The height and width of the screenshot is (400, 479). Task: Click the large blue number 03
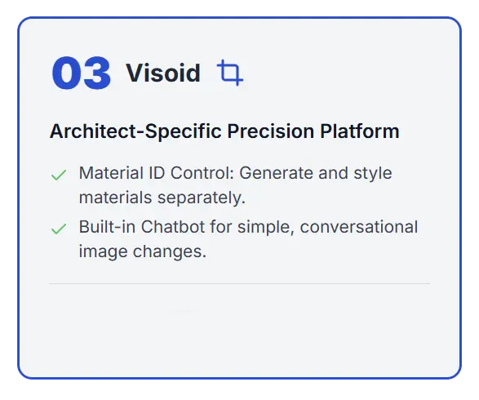click(x=81, y=73)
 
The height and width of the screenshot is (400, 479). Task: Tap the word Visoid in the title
click(x=162, y=73)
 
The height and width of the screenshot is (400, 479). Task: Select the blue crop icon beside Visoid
click(x=230, y=73)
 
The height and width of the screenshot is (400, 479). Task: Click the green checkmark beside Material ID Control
click(x=59, y=175)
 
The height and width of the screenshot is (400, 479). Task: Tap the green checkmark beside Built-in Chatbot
click(x=59, y=229)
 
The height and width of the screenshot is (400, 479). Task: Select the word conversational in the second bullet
click(x=359, y=227)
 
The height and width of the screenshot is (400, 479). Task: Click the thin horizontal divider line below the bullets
click(x=239, y=284)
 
